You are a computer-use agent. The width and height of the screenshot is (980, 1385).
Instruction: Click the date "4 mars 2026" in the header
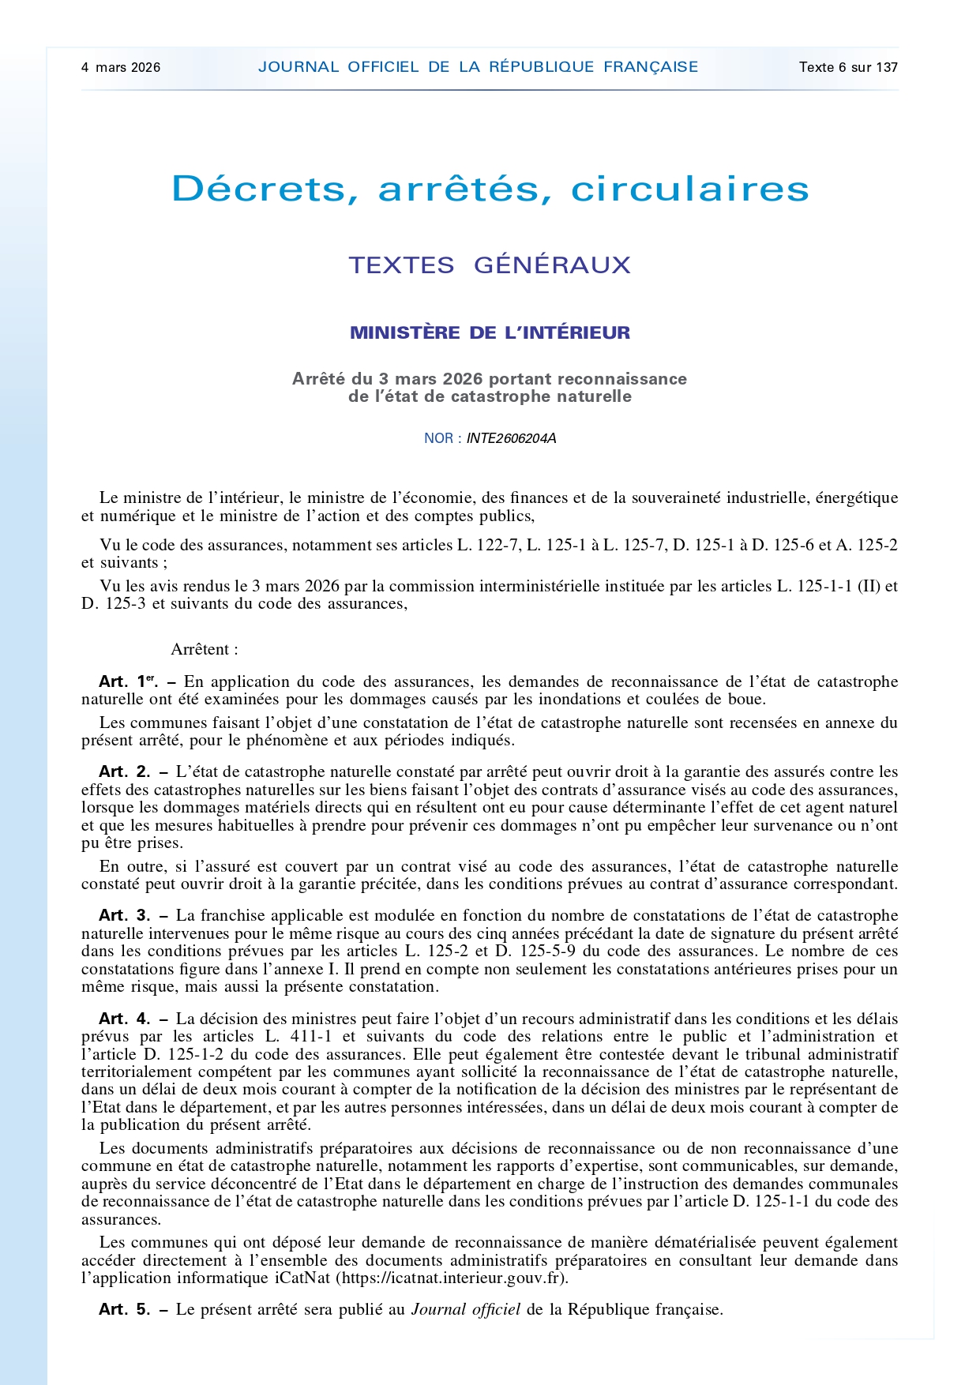pyautogui.click(x=120, y=67)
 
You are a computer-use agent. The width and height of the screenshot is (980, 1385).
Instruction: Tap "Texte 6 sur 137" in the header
pyautogui.click(x=848, y=67)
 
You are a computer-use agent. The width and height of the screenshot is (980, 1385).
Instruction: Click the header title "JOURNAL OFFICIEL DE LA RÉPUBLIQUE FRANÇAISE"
pyautogui.click(x=478, y=67)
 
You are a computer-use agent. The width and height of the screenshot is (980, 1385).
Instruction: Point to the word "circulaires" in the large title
pyautogui.click(x=689, y=189)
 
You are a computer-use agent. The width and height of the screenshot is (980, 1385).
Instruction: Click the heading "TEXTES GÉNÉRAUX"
pyautogui.click(x=490, y=265)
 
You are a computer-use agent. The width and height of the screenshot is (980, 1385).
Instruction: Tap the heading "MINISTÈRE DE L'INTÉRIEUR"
pyautogui.click(x=490, y=332)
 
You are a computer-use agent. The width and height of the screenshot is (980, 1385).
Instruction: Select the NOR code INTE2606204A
pyautogui.click(x=511, y=438)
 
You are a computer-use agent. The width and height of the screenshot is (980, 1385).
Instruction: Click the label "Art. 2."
pyautogui.click(x=125, y=771)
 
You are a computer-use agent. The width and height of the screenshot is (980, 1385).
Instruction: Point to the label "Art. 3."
pyautogui.click(x=125, y=915)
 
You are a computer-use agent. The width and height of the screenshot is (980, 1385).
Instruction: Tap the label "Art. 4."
pyautogui.click(x=125, y=1019)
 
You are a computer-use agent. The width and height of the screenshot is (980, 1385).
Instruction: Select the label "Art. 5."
pyautogui.click(x=125, y=1309)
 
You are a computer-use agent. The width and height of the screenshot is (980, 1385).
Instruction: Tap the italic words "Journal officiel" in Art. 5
pyautogui.click(x=465, y=1309)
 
